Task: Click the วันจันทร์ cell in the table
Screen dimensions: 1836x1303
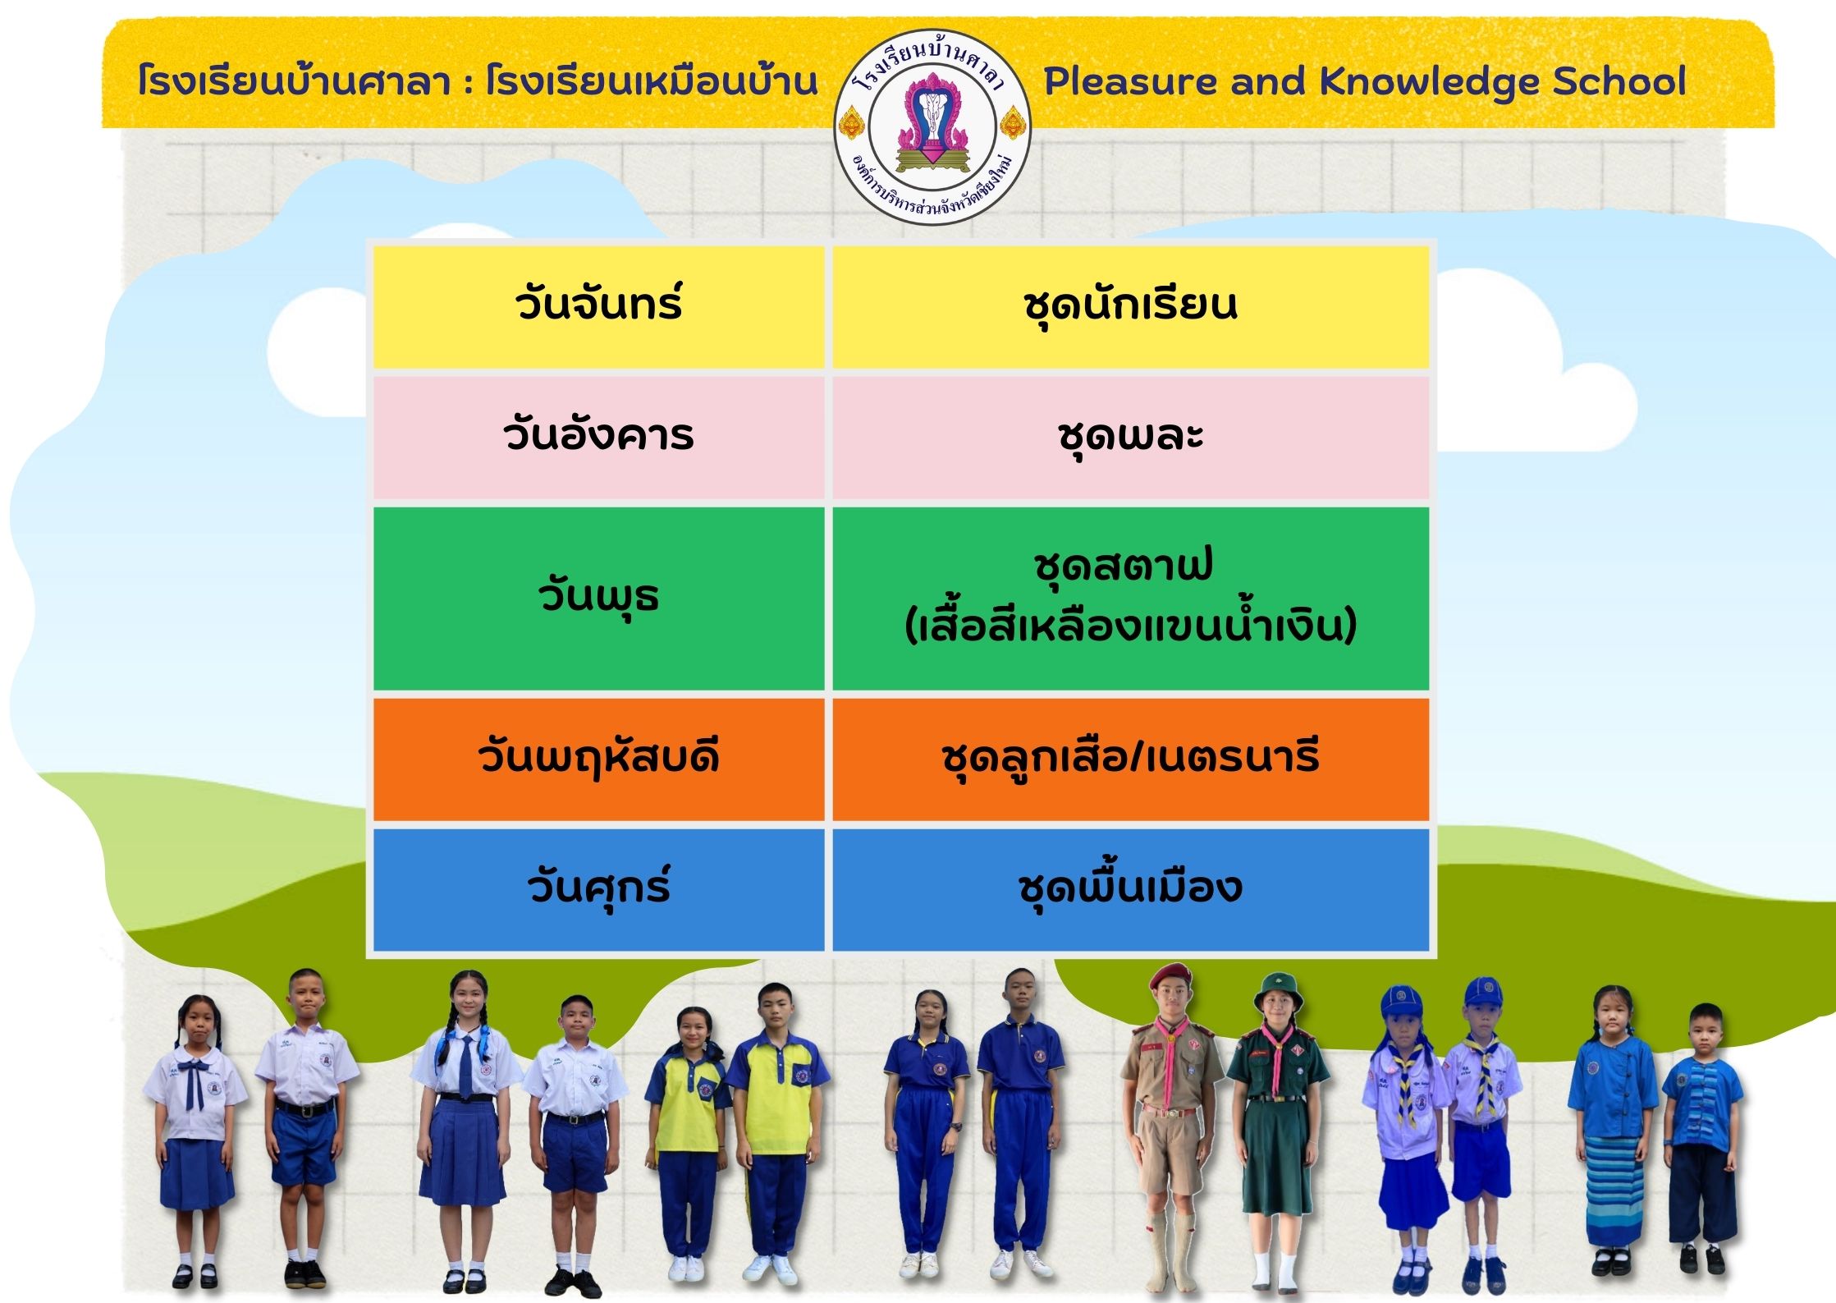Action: click(x=598, y=307)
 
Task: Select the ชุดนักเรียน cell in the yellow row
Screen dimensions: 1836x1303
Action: click(x=1130, y=307)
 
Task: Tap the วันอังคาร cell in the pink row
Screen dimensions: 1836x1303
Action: click(x=598, y=438)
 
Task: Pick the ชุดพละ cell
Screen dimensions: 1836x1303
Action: click(x=1130, y=438)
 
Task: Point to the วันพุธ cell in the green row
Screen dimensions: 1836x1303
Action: click(x=598, y=599)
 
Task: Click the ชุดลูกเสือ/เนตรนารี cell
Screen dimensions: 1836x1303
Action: click(x=1130, y=759)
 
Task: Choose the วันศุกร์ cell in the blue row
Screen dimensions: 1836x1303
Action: click(x=598, y=890)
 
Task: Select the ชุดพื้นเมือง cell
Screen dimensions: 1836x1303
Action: click(x=1130, y=890)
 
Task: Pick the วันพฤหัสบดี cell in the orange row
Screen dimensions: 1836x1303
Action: click(x=598, y=759)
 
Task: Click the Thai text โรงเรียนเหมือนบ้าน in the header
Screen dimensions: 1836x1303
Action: click(x=652, y=82)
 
